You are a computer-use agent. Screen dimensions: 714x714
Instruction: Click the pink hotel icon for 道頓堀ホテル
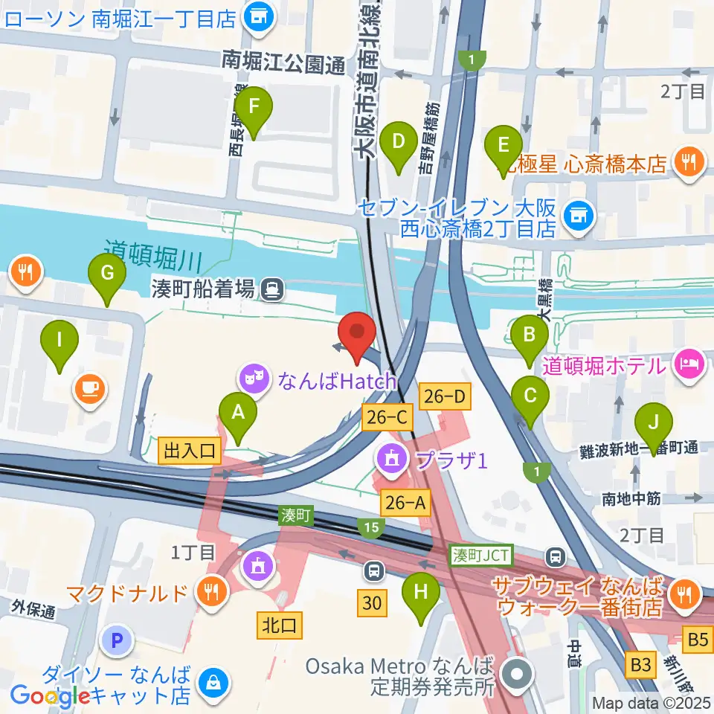click(x=689, y=365)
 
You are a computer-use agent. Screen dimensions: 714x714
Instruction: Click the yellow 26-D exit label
click(x=445, y=398)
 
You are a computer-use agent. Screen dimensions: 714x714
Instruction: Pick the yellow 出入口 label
click(x=190, y=449)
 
